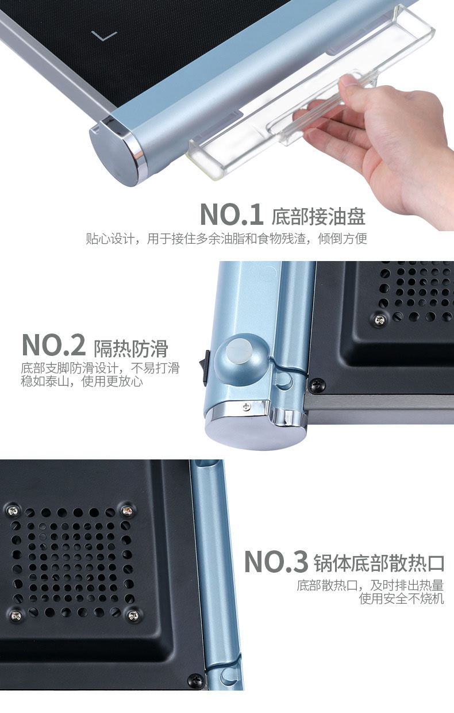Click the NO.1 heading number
pyautogui.click(x=231, y=215)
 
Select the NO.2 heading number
pyautogui.click(x=53, y=346)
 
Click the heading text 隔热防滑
pyautogui.click(x=131, y=348)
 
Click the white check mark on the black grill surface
pyautogui.click(x=104, y=36)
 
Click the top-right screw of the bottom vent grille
pyautogui.click(x=127, y=511)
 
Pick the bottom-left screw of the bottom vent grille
pyautogui.click(x=16, y=616)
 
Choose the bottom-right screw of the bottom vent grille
pyautogui.click(x=133, y=616)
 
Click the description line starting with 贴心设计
pyautogui.click(x=226, y=239)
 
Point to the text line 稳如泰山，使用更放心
pyautogui.click(x=82, y=381)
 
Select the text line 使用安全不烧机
pyautogui.click(x=401, y=599)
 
